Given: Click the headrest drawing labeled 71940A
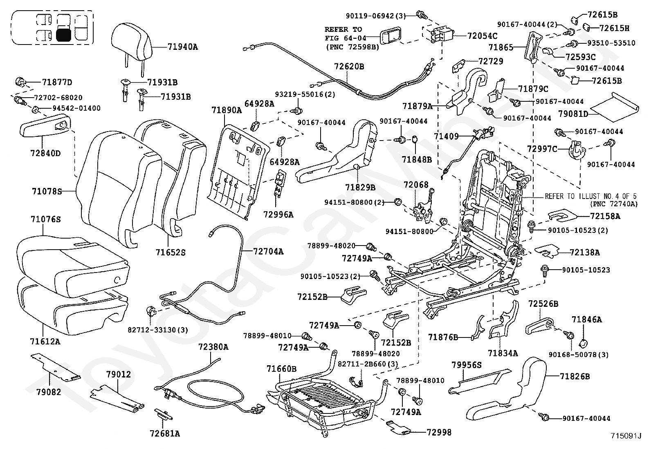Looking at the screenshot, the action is pyautogui.click(x=131, y=44).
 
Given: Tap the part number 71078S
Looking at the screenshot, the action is pyautogui.click(x=47, y=192).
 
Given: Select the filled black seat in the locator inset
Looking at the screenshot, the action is pyautogui.click(x=63, y=35).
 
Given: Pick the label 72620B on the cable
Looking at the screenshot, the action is pyautogui.click(x=349, y=67).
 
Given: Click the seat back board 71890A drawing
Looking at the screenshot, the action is pyautogui.click(x=238, y=171).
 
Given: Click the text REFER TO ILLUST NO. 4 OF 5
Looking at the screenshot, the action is pyautogui.click(x=591, y=197).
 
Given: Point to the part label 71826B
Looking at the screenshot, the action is pyautogui.click(x=575, y=376).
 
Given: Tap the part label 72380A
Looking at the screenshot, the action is pyautogui.click(x=213, y=347).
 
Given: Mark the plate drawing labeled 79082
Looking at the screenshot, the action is pyautogui.click(x=55, y=367).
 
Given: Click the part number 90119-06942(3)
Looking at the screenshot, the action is pyautogui.click(x=376, y=16).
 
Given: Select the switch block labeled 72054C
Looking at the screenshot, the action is pyautogui.click(x=439, y=34).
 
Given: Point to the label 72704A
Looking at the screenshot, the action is pyautogui.click(x=268, y=252).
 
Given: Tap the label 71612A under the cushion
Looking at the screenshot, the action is pyautogui.click(x=45, y=342).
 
